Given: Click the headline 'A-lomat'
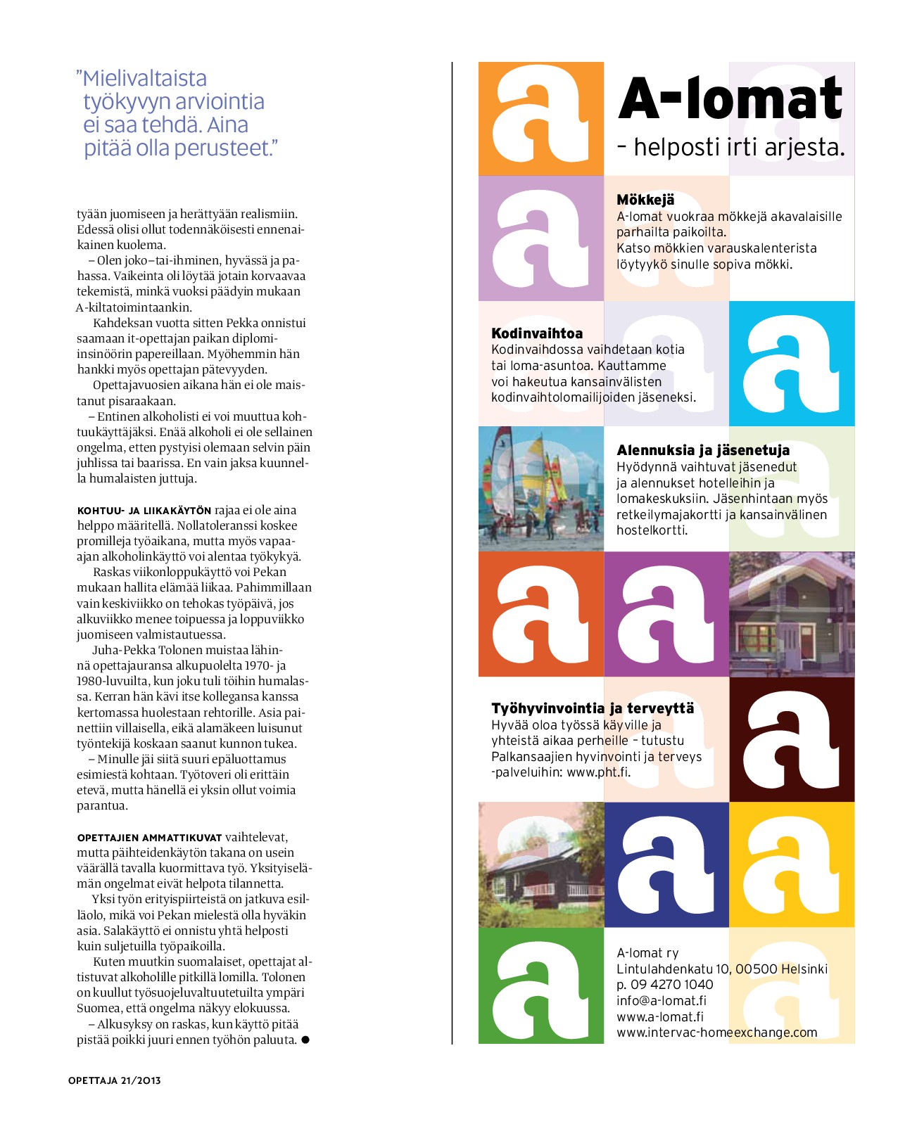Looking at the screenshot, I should click(730, 99).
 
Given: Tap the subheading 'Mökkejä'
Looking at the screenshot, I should click(645, 200).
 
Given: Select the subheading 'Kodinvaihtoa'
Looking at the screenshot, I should click(537, 333).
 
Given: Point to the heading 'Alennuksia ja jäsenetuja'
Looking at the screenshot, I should click(703, 450).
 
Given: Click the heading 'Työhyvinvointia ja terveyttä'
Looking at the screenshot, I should click(593, 708).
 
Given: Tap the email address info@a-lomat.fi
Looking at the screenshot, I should click(662, 1000).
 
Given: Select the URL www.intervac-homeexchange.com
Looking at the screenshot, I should click(716, 1033).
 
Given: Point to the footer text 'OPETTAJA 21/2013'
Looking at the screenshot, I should click(115, 1080).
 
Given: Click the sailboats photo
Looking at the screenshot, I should click(540, 488).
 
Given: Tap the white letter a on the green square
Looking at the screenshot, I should click(540, 988).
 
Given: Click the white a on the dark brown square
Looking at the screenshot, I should click(792, 740).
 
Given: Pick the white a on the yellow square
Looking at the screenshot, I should click(792, 865).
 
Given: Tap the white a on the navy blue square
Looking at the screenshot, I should click(666, 865).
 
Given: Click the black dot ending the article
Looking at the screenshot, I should click(305, 1040).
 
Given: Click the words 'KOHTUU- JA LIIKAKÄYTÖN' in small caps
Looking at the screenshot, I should click(144, 511).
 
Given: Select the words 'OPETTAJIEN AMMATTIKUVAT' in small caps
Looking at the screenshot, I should click(149, 838).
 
